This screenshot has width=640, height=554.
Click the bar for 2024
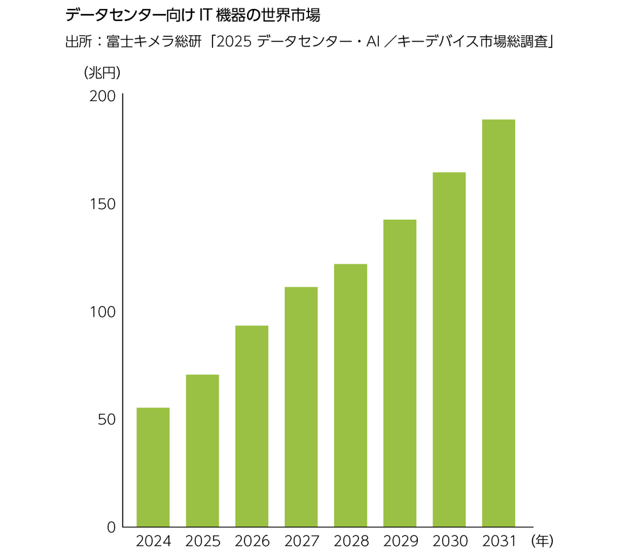coord(153,467)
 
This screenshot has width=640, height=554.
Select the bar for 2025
coord(202,450)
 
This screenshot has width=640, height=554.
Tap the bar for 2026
coord(252,426)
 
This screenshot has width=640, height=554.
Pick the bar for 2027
coord(301,407)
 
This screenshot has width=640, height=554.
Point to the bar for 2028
coord(350,395)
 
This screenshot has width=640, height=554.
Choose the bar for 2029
coord(399,373)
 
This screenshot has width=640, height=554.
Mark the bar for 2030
coord(449,349)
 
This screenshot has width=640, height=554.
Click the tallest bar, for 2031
coord(498,323)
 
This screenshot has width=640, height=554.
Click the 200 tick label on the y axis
coord(102,96)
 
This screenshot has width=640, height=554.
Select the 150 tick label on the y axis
coord(102,204)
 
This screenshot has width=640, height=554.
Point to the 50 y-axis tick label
coord(106,419)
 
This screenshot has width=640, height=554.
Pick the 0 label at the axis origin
coord(110,527)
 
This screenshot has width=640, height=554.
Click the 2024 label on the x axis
coord(154,541)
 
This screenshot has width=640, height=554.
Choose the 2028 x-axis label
coord(350,541)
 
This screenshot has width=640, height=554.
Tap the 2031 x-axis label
coord(498,541)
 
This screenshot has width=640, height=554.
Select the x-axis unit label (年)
coord(541,541)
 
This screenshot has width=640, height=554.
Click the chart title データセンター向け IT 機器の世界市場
coord(192,15)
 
